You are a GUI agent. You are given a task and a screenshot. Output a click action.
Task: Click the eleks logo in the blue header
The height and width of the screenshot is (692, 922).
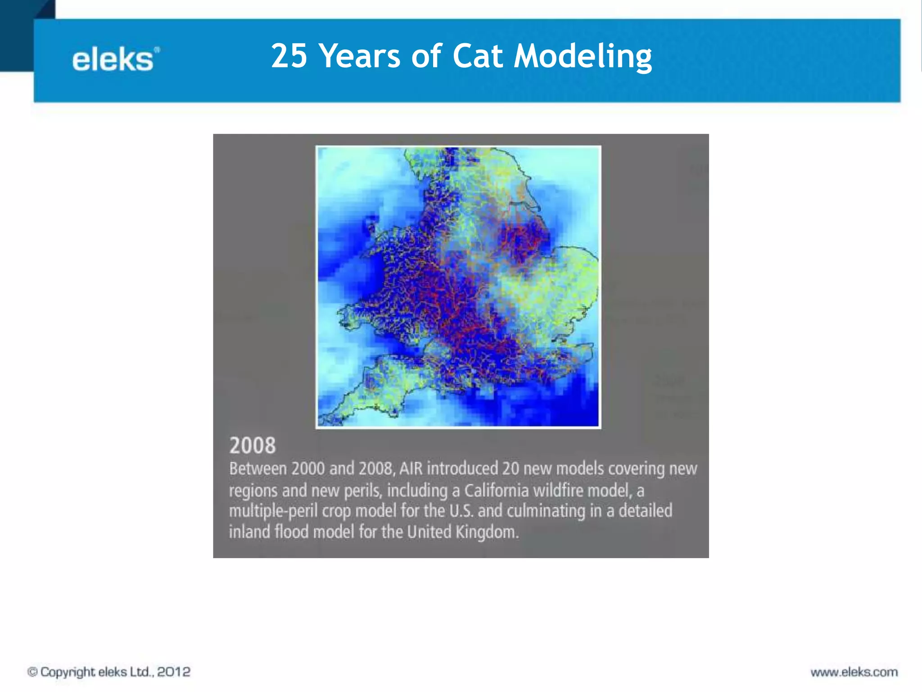point(115,59)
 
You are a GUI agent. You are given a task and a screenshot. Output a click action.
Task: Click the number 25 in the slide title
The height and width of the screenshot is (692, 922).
point(289,56)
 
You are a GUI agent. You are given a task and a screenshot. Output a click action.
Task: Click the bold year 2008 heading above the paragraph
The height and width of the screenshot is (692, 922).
point(252,446)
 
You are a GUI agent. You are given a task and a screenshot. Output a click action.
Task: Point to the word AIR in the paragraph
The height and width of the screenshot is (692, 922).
point(411,469)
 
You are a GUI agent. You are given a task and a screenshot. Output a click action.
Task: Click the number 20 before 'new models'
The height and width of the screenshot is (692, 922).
point(511,469)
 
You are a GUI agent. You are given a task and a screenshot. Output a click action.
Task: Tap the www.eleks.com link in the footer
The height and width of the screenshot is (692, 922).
point(854,672)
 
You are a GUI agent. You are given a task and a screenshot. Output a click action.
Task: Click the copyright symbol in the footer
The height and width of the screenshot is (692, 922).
point(32,672)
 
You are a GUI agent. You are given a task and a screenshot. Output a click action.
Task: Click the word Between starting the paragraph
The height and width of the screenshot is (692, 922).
point(258,469)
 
